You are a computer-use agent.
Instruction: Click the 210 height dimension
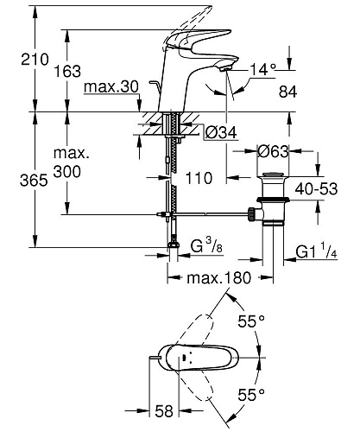pos(35,60)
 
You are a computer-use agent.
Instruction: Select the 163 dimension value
pos(67,71)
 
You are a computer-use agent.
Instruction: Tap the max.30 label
pos(111,86)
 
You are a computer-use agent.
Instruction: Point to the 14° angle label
pos(262,69)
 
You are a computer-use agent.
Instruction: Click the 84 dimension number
pos(287,92)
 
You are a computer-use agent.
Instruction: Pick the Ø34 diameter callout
pos(221,133)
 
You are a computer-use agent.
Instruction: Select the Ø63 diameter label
pos(273,151)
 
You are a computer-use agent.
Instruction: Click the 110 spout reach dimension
pos(199,178)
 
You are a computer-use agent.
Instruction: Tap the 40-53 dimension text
pos(316,189)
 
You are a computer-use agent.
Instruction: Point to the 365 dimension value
pos(34,181)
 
